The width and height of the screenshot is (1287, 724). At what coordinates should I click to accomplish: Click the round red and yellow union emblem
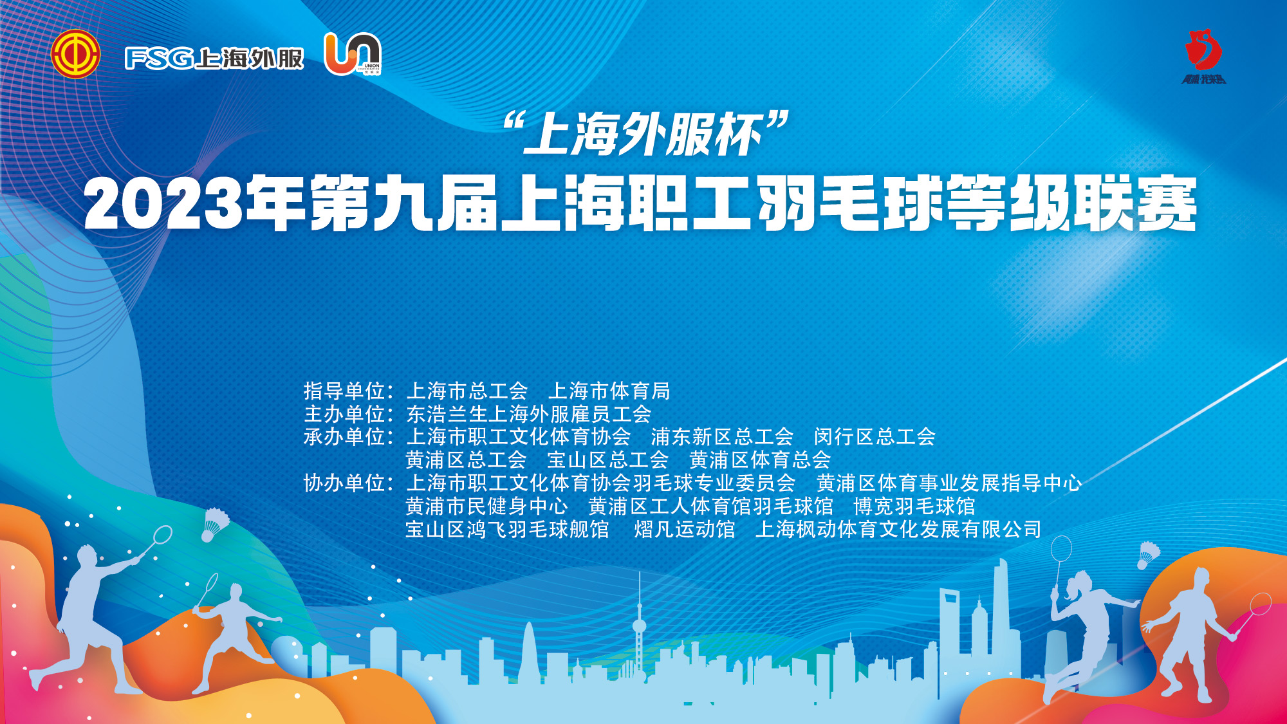pyautogui.click(x=75, y=54)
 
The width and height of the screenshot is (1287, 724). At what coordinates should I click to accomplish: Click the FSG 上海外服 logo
pyautogui.click(x=214, y=59)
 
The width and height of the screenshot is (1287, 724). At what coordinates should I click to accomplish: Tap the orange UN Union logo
pyautogui.click(x=353, y=54)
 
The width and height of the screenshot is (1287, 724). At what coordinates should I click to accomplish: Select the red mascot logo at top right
pyautogui.click(x=1204, y=56)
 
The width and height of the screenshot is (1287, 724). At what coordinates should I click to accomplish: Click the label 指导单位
pyautogui.click(x=344, y=391)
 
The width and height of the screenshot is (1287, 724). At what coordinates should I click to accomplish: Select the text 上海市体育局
pyautogui.click(x=609, y=391)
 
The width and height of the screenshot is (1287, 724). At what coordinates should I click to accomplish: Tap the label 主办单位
pyautogui.click(x=344, y=414)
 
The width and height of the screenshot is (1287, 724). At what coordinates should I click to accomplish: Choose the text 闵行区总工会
pyautogui.click(x=875, y=437)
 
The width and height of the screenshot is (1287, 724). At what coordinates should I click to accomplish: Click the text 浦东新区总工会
pyautogui.click(x=722, y=437)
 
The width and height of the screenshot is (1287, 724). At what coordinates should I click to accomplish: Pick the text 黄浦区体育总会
pyautogui.click(x=760, y=460)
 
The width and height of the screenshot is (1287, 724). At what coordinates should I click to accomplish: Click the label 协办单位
pyautogui.click(x=344, y=483)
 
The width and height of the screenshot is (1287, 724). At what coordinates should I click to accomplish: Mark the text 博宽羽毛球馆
pyautogui.click(x=914, y=506)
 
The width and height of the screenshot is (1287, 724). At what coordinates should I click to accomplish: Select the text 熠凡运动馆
pyautogui.click(x=685, y=529)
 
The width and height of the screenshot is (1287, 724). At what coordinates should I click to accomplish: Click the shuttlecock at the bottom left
pyautogui.click(x=214, y=524)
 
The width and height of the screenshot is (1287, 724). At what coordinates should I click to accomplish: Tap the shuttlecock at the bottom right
pyautogui.click(x=1148, y=555)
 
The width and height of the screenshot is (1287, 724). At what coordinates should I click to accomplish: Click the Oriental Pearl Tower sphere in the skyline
pyautogui.click(x=639, y=625)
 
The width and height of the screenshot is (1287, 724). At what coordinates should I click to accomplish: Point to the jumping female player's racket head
pyautogui.click(x=1061, y=548)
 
